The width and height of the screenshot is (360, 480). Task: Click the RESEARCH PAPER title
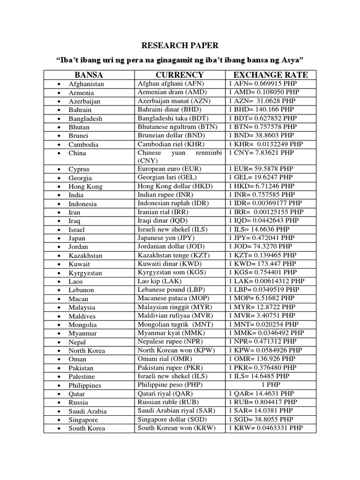click(180, 45)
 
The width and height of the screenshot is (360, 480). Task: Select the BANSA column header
click(89, 75)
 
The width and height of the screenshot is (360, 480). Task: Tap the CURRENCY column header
click(180, 75)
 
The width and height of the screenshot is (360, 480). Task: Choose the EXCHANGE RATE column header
click(270, 75)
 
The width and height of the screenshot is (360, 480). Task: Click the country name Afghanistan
click(86, 84)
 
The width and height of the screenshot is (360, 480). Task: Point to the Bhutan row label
click(79, 127)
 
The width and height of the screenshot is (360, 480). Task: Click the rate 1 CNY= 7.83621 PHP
click(262, 153)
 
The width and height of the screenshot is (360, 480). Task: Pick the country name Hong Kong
click(85, 187)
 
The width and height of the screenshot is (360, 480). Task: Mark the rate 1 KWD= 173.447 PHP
click(262, 264)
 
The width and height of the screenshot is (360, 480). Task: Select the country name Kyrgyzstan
click(85, 273)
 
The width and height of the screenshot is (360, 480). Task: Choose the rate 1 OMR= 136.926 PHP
click(263, 359)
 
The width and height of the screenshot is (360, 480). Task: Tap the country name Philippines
click(85, 385)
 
